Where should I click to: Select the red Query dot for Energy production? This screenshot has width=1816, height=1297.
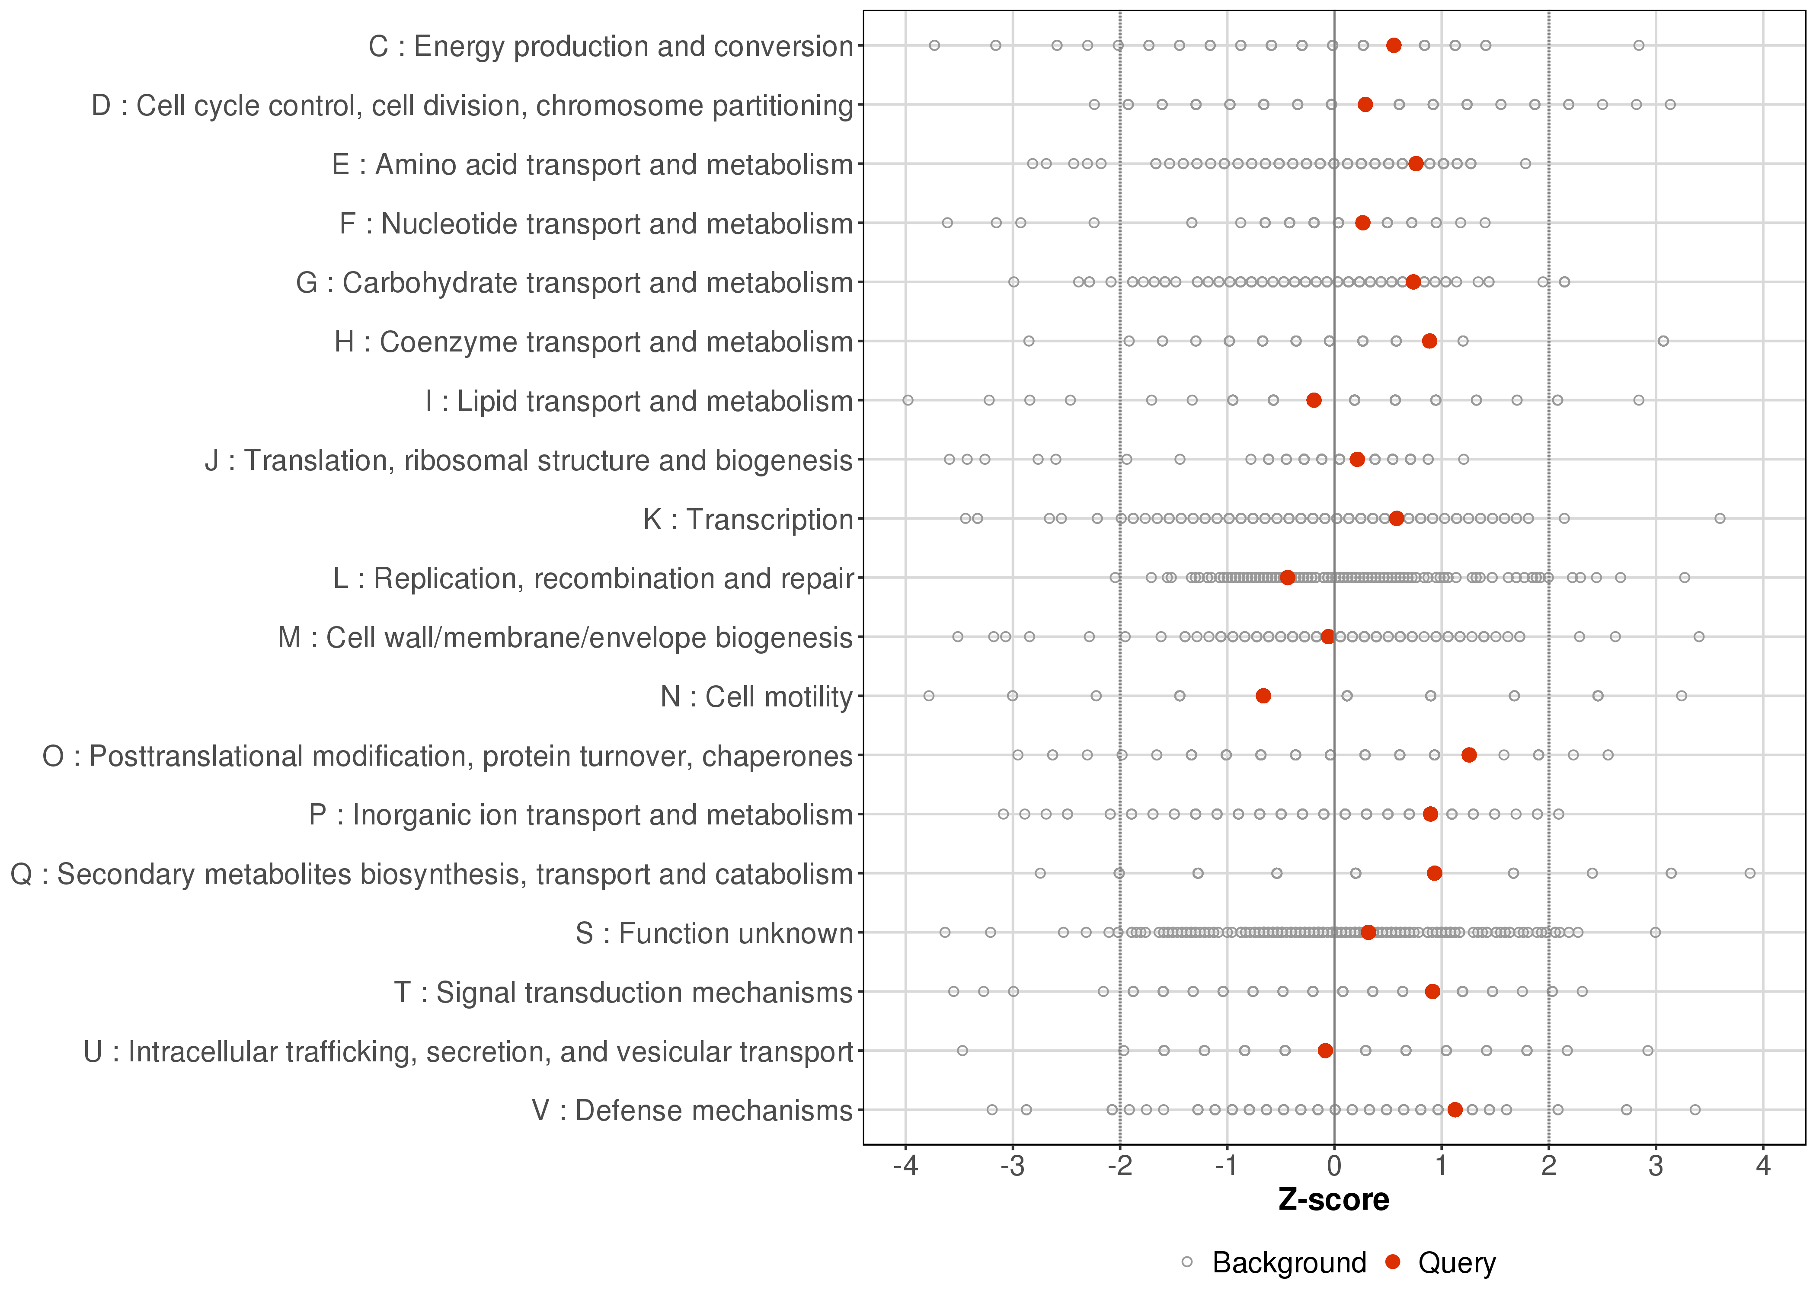pos(1394,45)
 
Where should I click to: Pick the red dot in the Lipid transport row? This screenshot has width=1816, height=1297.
pos(1314,400)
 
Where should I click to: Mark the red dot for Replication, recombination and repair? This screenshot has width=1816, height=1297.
pos(1287,578)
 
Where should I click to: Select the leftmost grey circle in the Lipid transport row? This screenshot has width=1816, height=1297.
pos(908,400)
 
